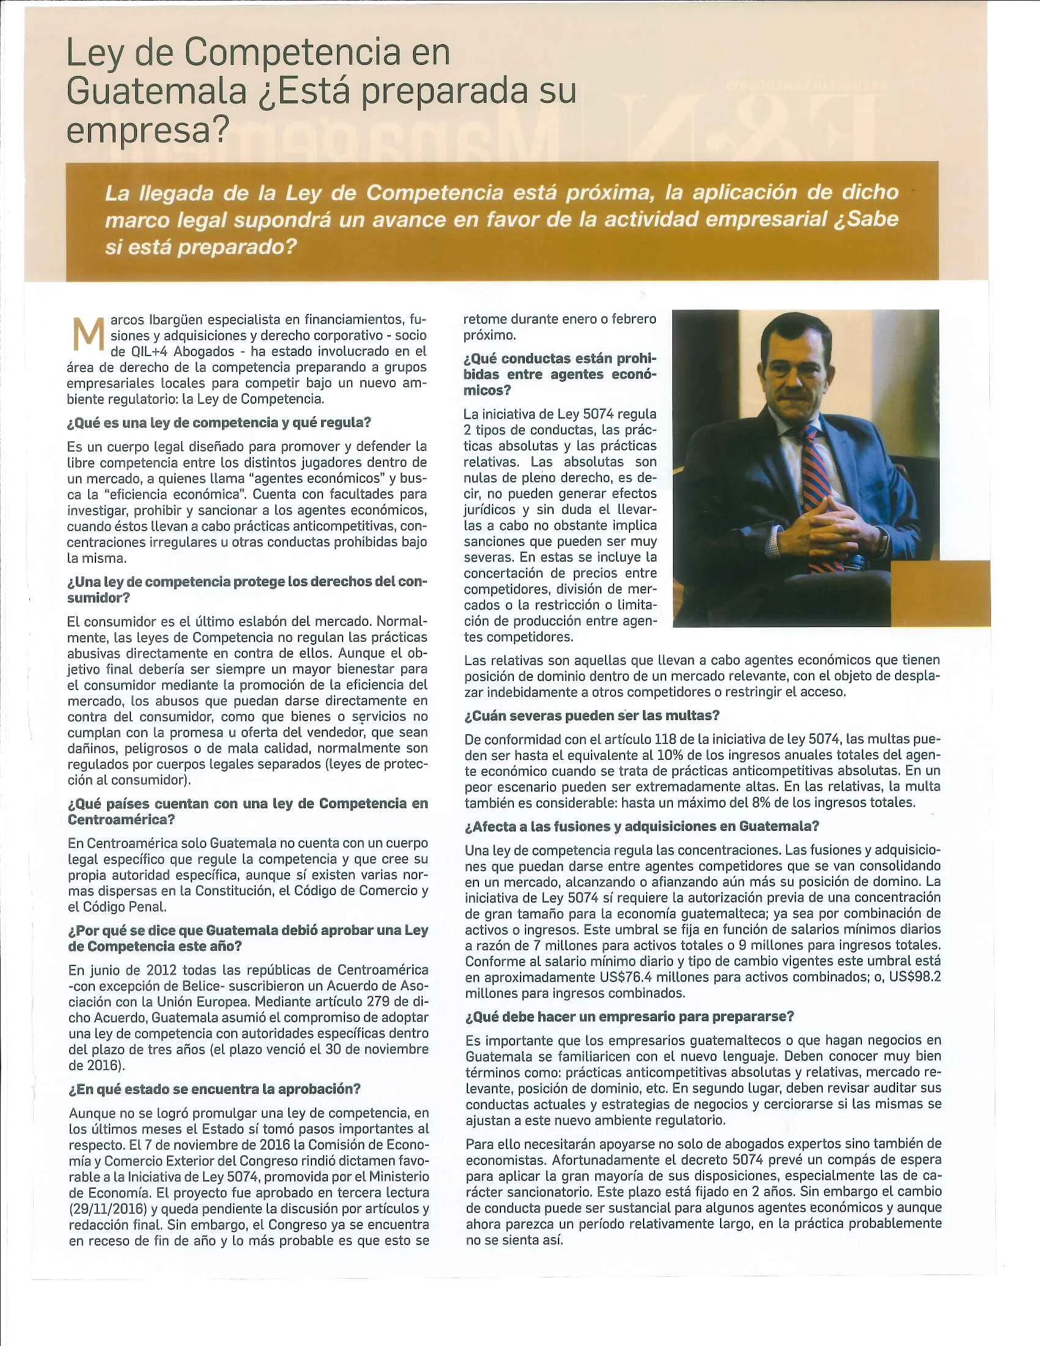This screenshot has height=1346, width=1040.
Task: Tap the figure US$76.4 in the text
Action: point(618,977)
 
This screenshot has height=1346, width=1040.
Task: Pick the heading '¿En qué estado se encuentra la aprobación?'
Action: point(214,1088)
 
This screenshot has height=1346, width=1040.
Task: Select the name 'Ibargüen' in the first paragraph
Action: point(176,320)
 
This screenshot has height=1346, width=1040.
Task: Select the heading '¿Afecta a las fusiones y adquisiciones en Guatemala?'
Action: point(641,827)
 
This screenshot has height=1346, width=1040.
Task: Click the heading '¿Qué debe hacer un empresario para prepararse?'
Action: point(629,1016)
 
